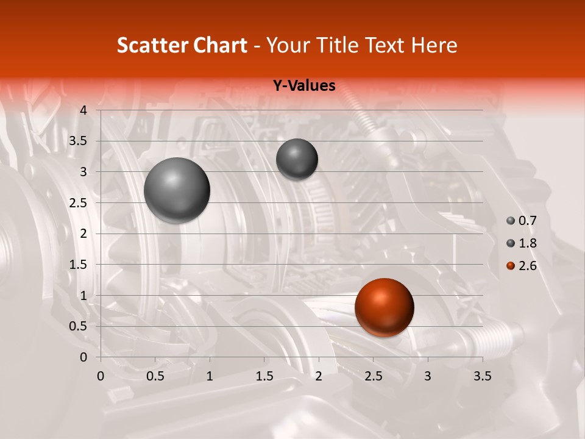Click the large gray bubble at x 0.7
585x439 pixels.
click(x=177, y=190)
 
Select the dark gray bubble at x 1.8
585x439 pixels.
click(x=297, y=159)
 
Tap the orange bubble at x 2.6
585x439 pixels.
click(x=384, y=307)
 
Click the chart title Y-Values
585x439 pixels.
click(x=303, y=86)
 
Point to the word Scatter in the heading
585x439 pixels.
click(x=151, y=45)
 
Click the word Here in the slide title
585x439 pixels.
click(x=433, y=45)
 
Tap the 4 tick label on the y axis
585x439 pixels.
click(x=84, y=110)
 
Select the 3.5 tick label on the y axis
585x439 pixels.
click(x=79, y=141)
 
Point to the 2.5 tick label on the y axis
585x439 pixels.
click(x=79, y=203)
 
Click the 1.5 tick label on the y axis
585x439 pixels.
click(x=79, y=265)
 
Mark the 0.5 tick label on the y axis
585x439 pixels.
click(x=79, y=326)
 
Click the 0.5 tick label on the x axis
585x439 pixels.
click(x=155, y=376)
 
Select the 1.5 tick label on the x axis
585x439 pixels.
click(x=264, y=376)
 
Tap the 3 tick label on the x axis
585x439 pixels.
click(x=428, y=376)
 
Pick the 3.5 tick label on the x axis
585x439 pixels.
click(x=482, y=376)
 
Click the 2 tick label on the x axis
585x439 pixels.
click(x=319, y=376)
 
